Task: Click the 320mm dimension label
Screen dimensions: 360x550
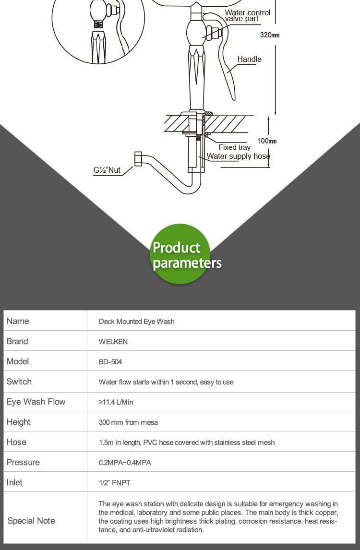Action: click(269, 35)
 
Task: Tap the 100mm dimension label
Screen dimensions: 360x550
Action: click(267, 141)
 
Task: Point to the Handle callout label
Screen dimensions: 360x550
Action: click(249, 60)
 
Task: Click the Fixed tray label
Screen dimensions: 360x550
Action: click(234, 147)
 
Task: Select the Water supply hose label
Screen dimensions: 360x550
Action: click(238, 156)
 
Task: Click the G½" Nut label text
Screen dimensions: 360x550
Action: click(107, 170)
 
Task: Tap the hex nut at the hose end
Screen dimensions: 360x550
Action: click(138, 159)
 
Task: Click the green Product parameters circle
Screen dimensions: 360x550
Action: click(180, 254)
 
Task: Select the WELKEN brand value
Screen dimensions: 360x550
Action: click(113, 342)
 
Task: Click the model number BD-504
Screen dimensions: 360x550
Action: click(110, 362)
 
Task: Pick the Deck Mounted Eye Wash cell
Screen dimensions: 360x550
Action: click(136, 322)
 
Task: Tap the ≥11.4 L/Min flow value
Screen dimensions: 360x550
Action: click(116, 402)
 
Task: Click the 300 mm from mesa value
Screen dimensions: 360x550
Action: click(128, 422)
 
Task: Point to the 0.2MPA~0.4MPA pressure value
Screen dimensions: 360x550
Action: click(125, 463)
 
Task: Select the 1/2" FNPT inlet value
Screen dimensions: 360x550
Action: click(114, 483)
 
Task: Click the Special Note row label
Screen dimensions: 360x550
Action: click(31, 521)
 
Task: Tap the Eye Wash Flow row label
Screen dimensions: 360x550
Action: click(36, 402)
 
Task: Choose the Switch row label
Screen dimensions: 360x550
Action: click(19, 382)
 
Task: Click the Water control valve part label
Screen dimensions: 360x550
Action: click(247, 15)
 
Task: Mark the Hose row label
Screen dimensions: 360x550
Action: click(16, 442)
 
